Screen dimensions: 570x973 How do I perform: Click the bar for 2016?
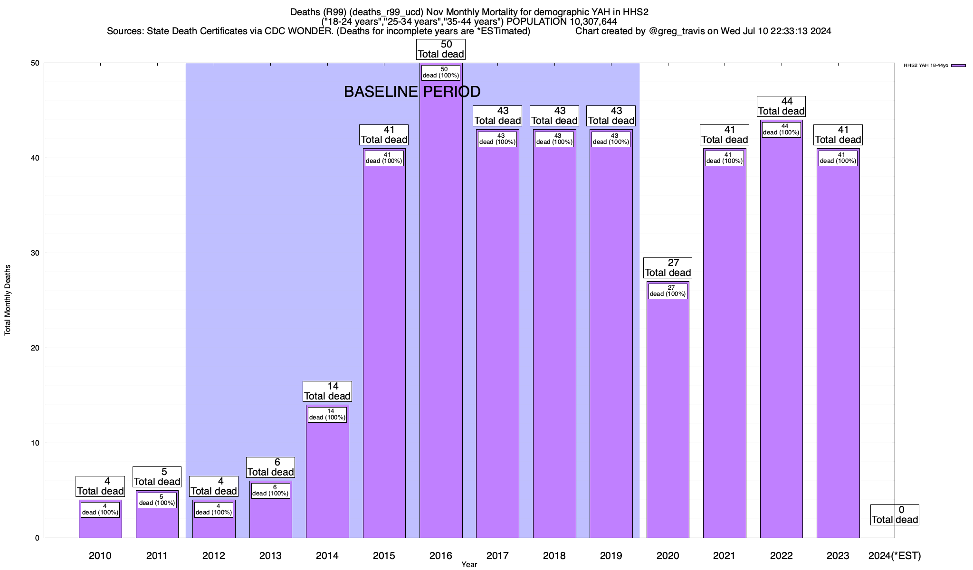pos(440,309)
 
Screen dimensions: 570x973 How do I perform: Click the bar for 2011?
pos(157,520)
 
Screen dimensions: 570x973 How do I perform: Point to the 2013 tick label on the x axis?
pos(270,556)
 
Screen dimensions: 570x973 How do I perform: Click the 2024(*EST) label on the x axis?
pos(894,556)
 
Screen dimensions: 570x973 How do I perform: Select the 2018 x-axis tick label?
pos(554,556)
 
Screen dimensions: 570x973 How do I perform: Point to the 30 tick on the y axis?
pos(35,253)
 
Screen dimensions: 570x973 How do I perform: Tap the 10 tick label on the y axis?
pos(35,443)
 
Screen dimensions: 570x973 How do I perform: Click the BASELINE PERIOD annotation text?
pos(412,92)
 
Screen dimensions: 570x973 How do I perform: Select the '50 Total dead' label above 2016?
pos(441,49)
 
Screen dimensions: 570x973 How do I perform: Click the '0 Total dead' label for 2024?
pos(895,515)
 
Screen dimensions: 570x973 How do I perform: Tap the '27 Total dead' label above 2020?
pos(668,268)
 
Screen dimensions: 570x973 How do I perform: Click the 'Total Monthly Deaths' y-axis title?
pos(8,300)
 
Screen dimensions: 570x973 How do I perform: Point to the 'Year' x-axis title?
pos(469,565)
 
